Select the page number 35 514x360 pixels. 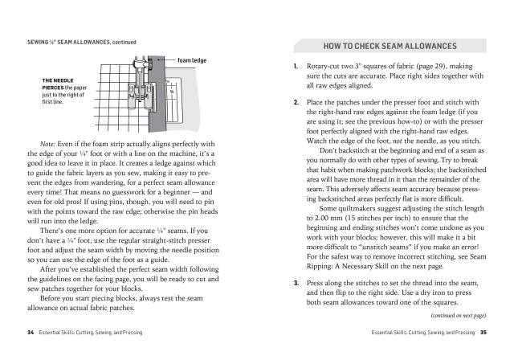click(x=483, y=331)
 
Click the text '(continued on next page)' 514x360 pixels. click(x=454, y=314)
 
